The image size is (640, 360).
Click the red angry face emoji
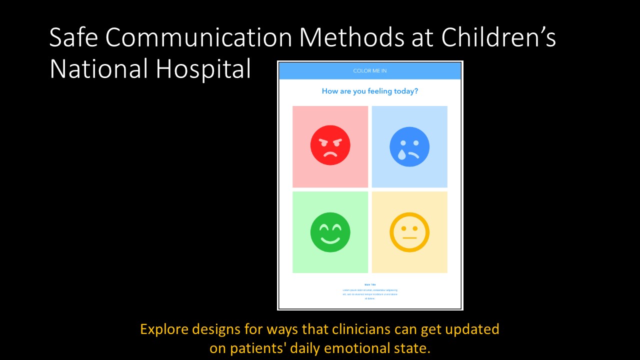pyautogui.click(x=330, y=145)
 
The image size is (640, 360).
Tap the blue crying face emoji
pyautogui.click(x=409, y=146)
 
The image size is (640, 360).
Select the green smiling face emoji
pyautogui.click(x=330, y=232)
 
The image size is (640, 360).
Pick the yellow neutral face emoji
pyautogui.click(x=409, y=232)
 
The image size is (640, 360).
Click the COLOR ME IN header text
pyautogui.click(x=370, y=71)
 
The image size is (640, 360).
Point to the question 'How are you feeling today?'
pyautogui.click(x=370, y=91)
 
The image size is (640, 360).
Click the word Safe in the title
pyautogui.click(x=73, y=38)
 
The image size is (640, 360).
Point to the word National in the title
pyautogui.click(x=98, y=69)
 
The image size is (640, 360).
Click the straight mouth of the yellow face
pyautogui.click(x=409, y=238)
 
